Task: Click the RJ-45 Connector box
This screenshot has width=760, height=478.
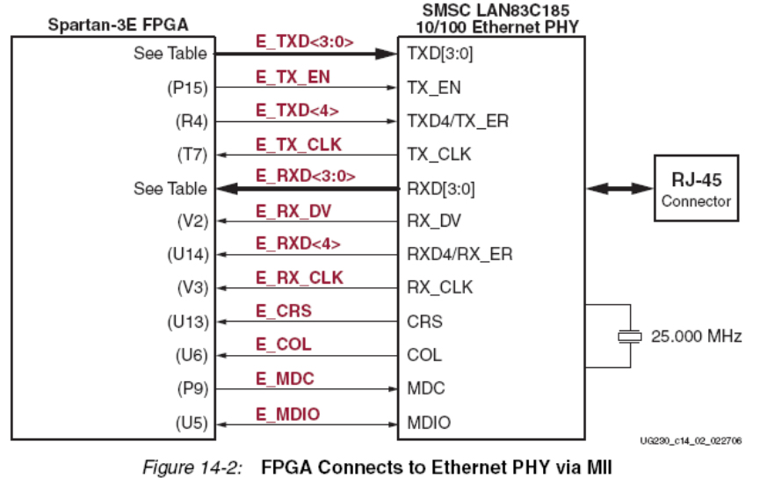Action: point(696,189)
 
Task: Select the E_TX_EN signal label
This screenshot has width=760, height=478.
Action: point(293,77)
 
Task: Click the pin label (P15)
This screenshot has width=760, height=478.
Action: point(187,88)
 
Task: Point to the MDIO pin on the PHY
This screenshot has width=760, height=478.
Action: point(429,423)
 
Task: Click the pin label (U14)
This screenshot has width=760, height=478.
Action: point(187,255)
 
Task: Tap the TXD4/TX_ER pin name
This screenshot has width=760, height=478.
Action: point(458,121)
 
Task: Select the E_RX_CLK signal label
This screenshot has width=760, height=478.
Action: point(299,278)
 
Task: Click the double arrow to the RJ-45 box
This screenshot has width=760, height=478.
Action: point(619,188)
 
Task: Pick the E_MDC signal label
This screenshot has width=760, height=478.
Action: point(285,378)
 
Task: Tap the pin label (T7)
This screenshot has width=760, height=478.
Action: point(191,155)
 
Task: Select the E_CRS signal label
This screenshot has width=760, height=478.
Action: point(283,311)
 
